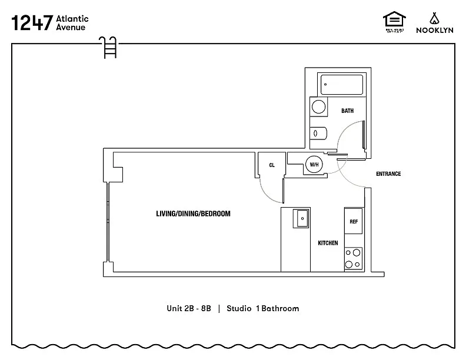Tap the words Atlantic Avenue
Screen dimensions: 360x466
(x=72, y=23)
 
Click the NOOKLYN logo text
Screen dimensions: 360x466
(x=434, y=30)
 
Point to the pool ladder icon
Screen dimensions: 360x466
(x=108, y=47)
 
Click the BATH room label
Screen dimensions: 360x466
(x=347, y=111)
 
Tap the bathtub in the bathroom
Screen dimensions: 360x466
(x=341, y=85)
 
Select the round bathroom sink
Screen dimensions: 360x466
(x=318, y=107)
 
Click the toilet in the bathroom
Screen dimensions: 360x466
(x=318, y=134)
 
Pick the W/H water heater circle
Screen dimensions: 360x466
(x=314, y=164)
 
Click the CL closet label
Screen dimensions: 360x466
(x=272, y=165)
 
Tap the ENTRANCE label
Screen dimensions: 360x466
(x=388, y=174)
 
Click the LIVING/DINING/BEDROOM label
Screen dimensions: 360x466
(x=193, y=214)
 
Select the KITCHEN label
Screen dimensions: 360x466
(x=328, y=243)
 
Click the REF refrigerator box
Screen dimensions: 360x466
(x=354, y=221)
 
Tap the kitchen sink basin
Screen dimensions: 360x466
(x=301, y=218)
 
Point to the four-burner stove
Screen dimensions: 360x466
(x=353, y=259)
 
